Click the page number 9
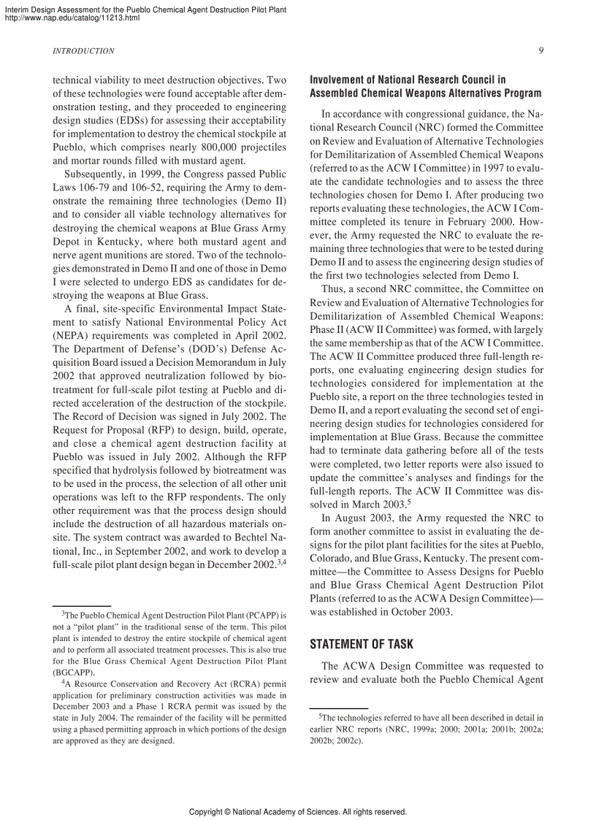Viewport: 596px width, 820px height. coord(540,50)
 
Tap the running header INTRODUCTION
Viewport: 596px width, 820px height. coord(84,51)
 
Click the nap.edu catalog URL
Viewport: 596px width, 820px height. coord(72,18)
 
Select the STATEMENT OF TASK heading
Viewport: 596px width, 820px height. coord(362,644)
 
